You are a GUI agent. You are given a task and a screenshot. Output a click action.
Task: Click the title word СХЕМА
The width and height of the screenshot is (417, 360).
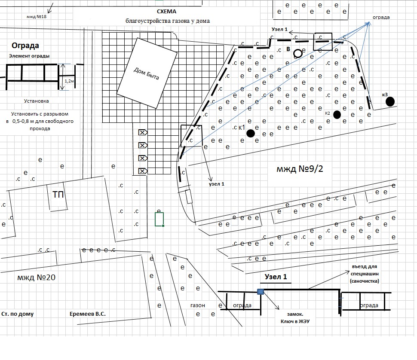[166, 12]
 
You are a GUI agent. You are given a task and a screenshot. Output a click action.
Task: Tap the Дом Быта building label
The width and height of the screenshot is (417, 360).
[146, 73]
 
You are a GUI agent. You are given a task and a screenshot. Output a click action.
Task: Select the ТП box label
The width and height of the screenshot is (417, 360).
[58, 195]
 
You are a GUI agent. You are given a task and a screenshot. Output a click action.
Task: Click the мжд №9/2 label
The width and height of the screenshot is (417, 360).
[300, 169]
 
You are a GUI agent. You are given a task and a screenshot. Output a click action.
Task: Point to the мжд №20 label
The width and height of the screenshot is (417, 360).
[37, 278]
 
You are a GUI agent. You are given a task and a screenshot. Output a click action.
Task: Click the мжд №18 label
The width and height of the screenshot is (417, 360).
[37, 16]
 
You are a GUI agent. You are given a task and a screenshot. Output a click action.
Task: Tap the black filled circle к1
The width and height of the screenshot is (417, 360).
[251, 133]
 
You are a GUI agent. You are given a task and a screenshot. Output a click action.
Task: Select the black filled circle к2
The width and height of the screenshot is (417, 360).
[337, 115]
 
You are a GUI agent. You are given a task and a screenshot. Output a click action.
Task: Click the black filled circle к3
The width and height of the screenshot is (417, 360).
[390, 101]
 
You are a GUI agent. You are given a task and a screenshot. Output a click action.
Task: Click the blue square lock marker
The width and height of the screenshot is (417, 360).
[261, 292]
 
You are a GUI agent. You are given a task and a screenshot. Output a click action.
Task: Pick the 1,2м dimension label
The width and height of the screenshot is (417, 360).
[69, 81]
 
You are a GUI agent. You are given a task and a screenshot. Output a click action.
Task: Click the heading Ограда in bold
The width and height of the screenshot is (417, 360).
[25, 46]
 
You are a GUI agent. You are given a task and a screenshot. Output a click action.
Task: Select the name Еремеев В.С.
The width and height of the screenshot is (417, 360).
[88, 314]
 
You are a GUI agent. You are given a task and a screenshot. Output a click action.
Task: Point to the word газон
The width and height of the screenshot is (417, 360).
[198, 305]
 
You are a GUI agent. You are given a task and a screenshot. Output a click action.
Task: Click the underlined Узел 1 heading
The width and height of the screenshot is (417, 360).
[276, 277]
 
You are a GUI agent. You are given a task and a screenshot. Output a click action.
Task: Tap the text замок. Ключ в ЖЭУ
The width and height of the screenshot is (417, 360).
[295, 318]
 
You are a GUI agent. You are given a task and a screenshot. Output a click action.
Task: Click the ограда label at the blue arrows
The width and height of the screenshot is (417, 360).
[381, 17]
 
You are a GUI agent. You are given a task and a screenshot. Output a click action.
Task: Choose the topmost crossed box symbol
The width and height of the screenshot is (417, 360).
[143, 132]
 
